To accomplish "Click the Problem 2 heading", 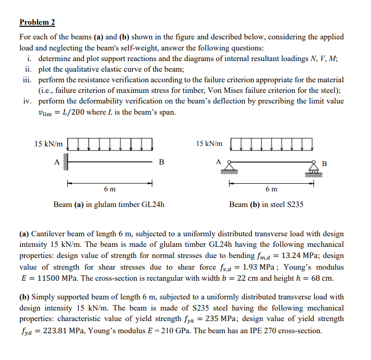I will pyautogui.click(x=37, y=22).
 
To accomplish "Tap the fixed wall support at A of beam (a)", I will pyautogui.click(x=65, y=162).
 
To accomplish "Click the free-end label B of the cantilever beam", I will pyautogui.click(x=161, y=162).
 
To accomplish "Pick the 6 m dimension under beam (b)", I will pyautogui.click(x=271, y=189).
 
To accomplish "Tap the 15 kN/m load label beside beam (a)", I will pyautogui.click(x=49, y=144).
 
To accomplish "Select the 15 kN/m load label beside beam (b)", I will pyautogui.click(x=209, y=144).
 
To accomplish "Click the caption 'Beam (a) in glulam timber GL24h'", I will pyautogui.click(x=109, y=204).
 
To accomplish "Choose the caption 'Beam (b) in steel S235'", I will pyautogui.click(x=266, y=204).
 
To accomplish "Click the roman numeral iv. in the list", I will pyautogui.click(x=28, y=101).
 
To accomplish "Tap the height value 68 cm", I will pyautogui.click(x=323, y=278).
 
